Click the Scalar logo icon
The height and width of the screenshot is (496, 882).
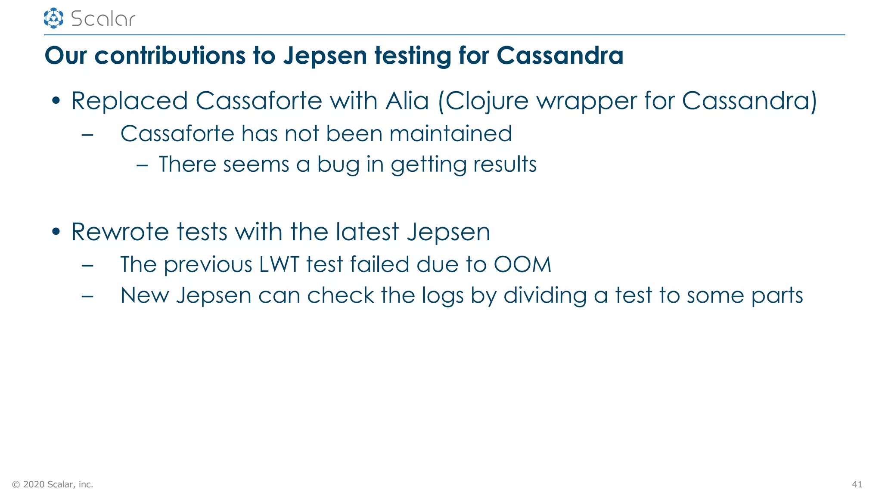coord(53,18)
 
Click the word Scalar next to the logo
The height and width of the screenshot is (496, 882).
coord(103,19)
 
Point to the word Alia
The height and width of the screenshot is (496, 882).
coord(407,101)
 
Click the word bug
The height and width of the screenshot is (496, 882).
coord(338,165)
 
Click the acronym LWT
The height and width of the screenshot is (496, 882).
coord(279,264)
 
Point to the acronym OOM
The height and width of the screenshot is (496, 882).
coord(522,264)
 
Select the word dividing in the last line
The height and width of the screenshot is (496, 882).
coord(545,296)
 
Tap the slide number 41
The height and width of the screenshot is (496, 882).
coord(857,484)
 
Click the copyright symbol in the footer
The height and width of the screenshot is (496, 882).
coord(16,485)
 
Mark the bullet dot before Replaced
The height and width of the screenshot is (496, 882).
coord(56,101)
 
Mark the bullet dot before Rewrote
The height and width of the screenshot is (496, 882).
coord(56,232)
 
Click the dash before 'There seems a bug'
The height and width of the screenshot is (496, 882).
coord(142,165)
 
